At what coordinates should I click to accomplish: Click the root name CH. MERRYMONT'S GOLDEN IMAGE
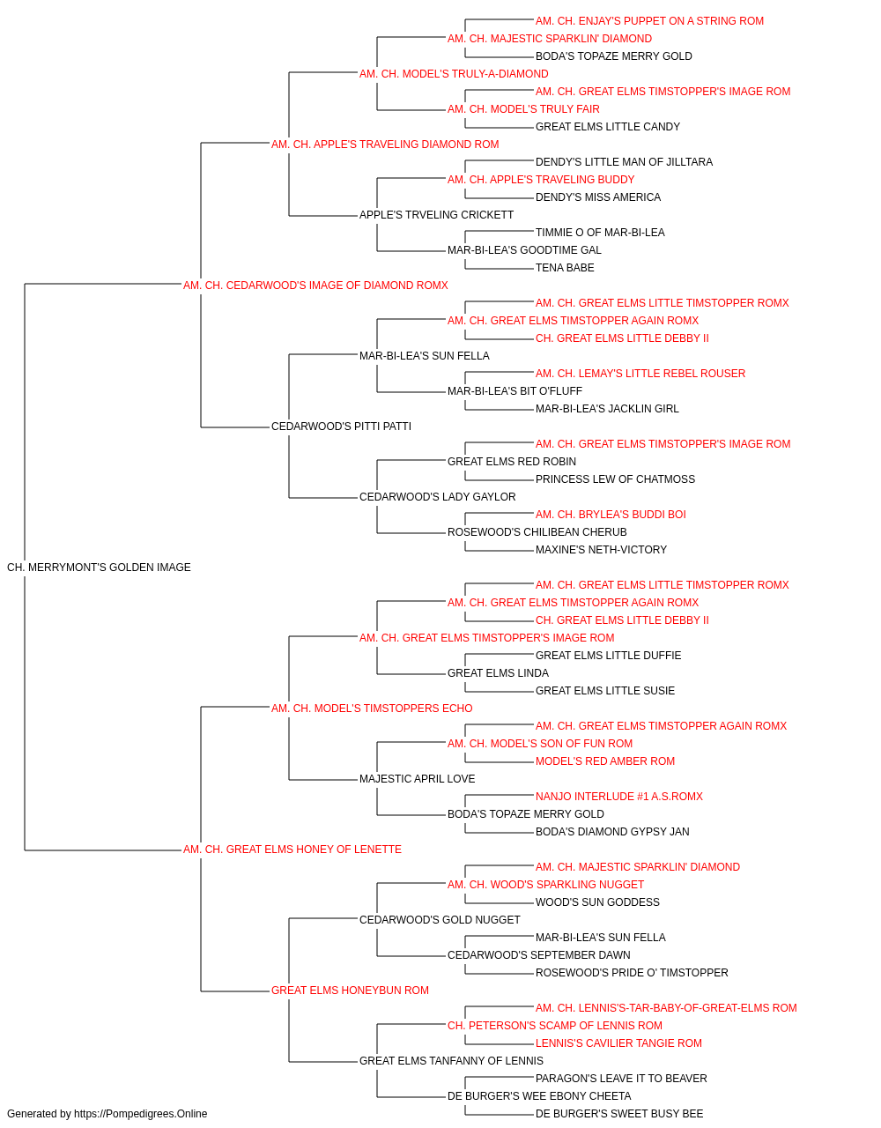(99, 568)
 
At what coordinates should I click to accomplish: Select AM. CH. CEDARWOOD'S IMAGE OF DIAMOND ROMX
(315, 286)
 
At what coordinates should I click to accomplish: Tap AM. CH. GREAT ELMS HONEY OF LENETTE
(292, 850)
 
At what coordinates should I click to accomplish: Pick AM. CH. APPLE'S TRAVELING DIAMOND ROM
(385, 145)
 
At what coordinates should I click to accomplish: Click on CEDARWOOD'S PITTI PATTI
(341, 427)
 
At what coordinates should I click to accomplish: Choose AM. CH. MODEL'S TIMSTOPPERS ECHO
(372, 708)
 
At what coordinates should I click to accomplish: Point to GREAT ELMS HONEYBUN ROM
(350, 990)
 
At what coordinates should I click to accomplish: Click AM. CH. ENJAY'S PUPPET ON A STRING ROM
(649, 21)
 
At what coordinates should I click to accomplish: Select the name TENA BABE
(565, 268)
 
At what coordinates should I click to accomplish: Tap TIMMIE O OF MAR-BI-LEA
(600, 233)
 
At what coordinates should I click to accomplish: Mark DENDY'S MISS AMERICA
(597, 197)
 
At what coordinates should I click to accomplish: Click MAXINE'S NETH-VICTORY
(601, 550)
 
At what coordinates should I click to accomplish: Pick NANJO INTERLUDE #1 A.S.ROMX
(619, 797)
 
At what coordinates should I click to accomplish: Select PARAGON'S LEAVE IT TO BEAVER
(621, 1078)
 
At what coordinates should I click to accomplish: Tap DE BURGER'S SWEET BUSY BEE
(619, 1114)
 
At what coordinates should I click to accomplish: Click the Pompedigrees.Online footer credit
(107, 1114)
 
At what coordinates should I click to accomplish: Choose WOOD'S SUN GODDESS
(597, 902)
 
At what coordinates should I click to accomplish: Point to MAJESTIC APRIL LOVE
(417, 779)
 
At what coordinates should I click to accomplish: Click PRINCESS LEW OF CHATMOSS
(615, 479)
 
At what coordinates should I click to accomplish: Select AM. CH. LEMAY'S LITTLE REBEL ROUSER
(640, 374)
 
